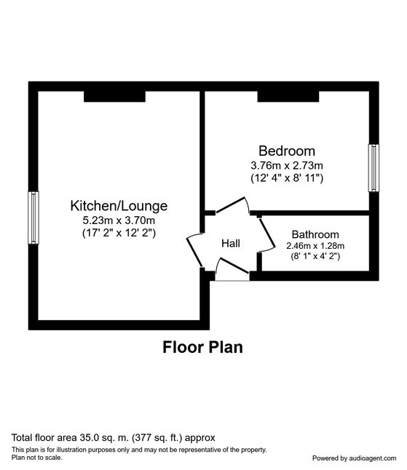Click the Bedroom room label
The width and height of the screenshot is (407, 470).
tap(287, 151)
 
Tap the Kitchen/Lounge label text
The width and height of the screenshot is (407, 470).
tap(119, 205)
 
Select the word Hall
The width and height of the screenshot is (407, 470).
tap(230, 243)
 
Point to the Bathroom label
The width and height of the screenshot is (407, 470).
tap(315, 234)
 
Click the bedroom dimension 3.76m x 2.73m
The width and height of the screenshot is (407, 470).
tap(287, 165)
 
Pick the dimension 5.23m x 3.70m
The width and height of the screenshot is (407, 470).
tap(119, 220)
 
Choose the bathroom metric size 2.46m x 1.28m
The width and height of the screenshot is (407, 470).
tap(315, 246)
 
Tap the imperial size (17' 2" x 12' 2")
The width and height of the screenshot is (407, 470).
tap(119, 233)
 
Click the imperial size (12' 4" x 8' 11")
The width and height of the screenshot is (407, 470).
tap(287, 178)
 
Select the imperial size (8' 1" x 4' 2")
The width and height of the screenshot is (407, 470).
tap(315, 257)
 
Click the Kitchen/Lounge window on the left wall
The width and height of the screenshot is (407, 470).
tap(33, 218)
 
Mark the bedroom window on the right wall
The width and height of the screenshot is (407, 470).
tap(374, 167)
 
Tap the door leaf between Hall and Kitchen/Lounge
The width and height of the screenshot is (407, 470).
tap(195, 250)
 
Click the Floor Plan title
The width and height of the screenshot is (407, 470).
tap(202, 347)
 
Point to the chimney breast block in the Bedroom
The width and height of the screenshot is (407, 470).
tap(287, 95)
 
